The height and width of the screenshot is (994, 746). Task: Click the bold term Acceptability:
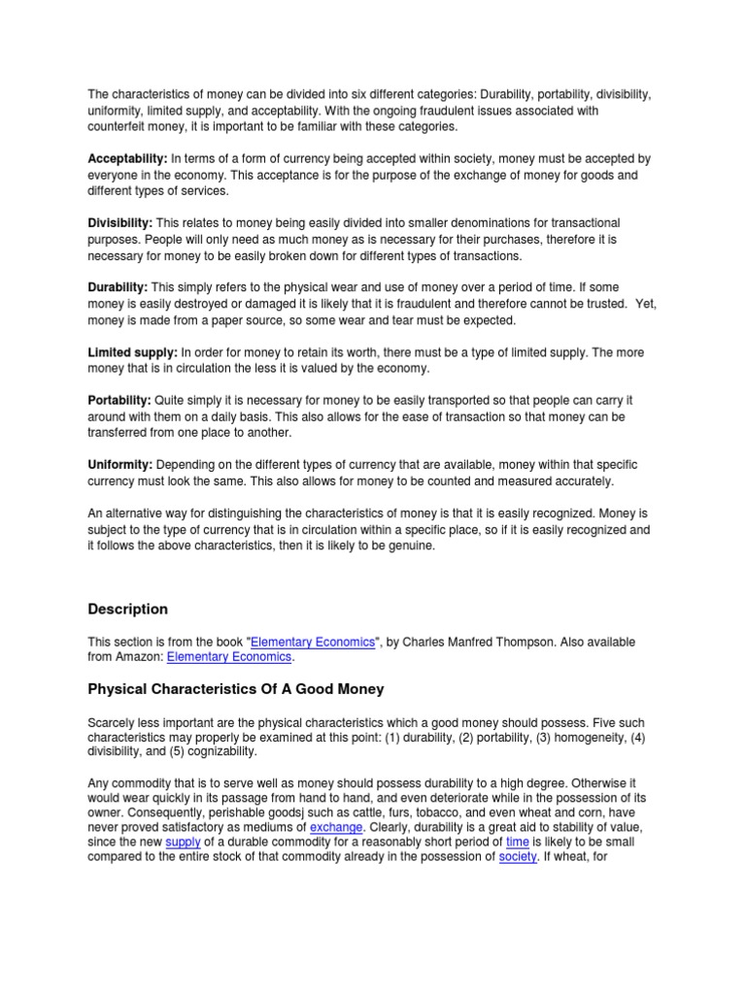point(128,158)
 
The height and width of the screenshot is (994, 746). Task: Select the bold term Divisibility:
point(119,223)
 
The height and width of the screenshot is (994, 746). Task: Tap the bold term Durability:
point(118,288)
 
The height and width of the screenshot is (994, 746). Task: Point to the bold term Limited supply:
point(132,353)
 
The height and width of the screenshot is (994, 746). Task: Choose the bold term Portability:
point(119,401)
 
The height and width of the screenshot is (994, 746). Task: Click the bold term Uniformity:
point(120,466)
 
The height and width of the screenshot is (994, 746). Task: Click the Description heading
point(127,610)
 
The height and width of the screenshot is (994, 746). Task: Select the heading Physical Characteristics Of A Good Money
point(236,689)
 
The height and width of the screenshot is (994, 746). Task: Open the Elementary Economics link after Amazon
point(229,657)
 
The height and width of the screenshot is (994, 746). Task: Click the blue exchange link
point(335,827)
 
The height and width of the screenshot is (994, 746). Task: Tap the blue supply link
point(183,843)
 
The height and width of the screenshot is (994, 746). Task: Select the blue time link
point(518,843)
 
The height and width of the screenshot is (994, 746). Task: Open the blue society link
point(517,858)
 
